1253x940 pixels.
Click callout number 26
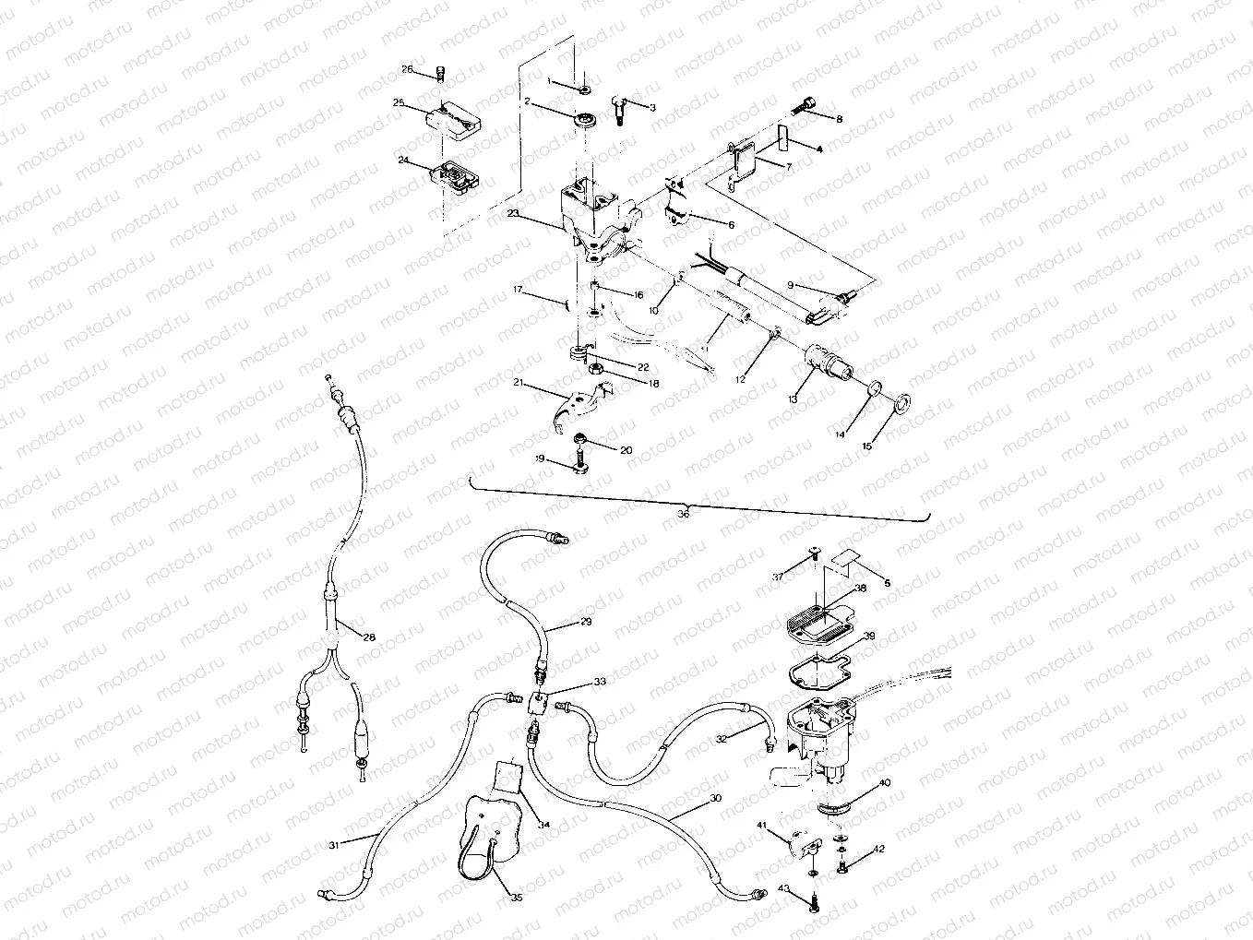pos(407,70)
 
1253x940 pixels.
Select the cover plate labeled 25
pos(450,119)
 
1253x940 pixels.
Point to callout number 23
pos(513,213)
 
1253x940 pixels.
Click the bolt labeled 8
pos(805,106)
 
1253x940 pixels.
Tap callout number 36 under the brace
pos(683,515)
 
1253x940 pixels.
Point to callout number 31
pos(332,844)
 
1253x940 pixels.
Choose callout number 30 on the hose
pos(715,800)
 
